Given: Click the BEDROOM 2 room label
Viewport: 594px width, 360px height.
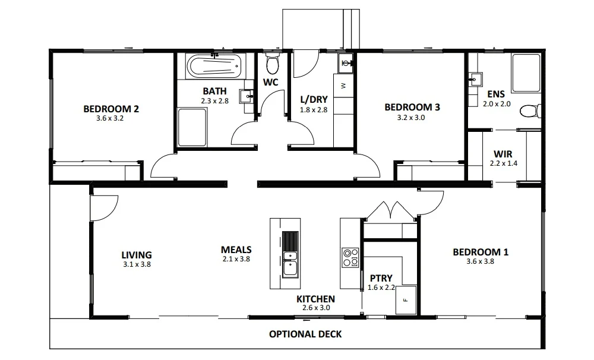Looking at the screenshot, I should tap(111, 109).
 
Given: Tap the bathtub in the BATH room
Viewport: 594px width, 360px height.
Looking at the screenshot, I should tap(214, 66).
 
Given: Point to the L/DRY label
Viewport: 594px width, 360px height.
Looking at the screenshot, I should tap(314, 100).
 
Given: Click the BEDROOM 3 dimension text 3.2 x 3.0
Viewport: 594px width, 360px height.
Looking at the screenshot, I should tap(412, 118).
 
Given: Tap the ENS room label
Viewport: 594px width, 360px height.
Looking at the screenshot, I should tap(496, 94).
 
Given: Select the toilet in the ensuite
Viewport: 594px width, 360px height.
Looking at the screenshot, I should tap(528, 111).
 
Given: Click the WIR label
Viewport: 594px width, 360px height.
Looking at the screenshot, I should tap(503, 153).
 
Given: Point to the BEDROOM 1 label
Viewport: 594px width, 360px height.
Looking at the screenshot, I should tap(480, 252).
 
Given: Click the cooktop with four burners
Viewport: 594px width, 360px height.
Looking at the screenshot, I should tap(350, 256).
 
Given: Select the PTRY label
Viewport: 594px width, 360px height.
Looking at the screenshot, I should tap(381, 278).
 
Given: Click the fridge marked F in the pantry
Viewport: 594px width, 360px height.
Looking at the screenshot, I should tap(406, 299).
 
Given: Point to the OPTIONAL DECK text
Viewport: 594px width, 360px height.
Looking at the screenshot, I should tap(305, 334).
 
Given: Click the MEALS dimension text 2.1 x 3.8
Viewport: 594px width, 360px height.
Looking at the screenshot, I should tap(236, 259).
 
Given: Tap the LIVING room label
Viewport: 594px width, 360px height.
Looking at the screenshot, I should tap(137, 255).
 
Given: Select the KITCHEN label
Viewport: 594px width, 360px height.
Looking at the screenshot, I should tap(315, 299).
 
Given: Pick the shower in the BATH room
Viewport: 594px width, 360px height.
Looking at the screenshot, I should tap(192, 129).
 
